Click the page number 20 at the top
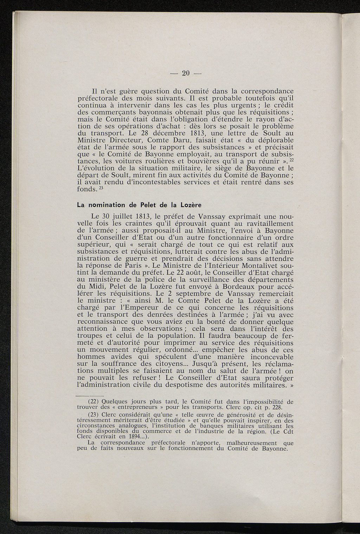(x=186, y=73)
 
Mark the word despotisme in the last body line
(x=182, y=385)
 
